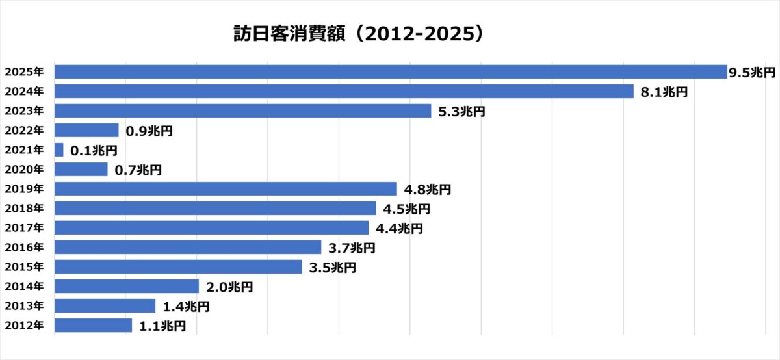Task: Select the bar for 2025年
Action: (x=390, y=72)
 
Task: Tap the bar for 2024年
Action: (x=344, y=92)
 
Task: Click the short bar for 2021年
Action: (x=59, y=150)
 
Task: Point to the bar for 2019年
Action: (x=226, y=189)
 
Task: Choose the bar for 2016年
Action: (x=188, y=248)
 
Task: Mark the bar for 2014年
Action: (x=127, y=287)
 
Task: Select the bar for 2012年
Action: (x=93, y=326)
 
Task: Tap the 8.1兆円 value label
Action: (x=664, y=92)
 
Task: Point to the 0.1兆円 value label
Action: (x=94, y=151)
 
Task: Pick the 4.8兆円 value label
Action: (x=427, y=190)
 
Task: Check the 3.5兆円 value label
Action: (x=332, y=268)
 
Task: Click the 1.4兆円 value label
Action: (x=185, y=307)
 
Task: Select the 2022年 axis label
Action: (x=24, y=131)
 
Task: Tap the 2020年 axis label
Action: (x=24, y=170)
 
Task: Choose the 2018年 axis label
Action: (x=24, y=209)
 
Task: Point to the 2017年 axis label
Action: (x=24, y=228)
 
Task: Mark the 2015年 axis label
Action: (x=24, y=267)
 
